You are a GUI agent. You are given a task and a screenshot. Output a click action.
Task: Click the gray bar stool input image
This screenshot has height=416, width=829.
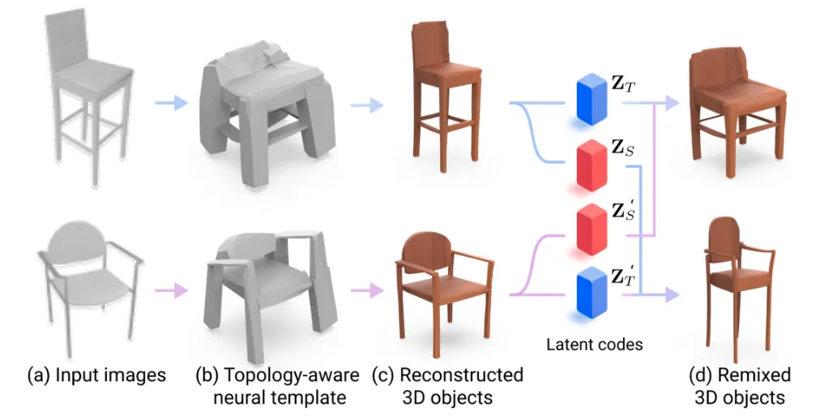pyautogui.click(x=92, y=97)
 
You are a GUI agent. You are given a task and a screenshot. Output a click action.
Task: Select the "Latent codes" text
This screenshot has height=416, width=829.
pyautogui.click(x=594, y=345)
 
